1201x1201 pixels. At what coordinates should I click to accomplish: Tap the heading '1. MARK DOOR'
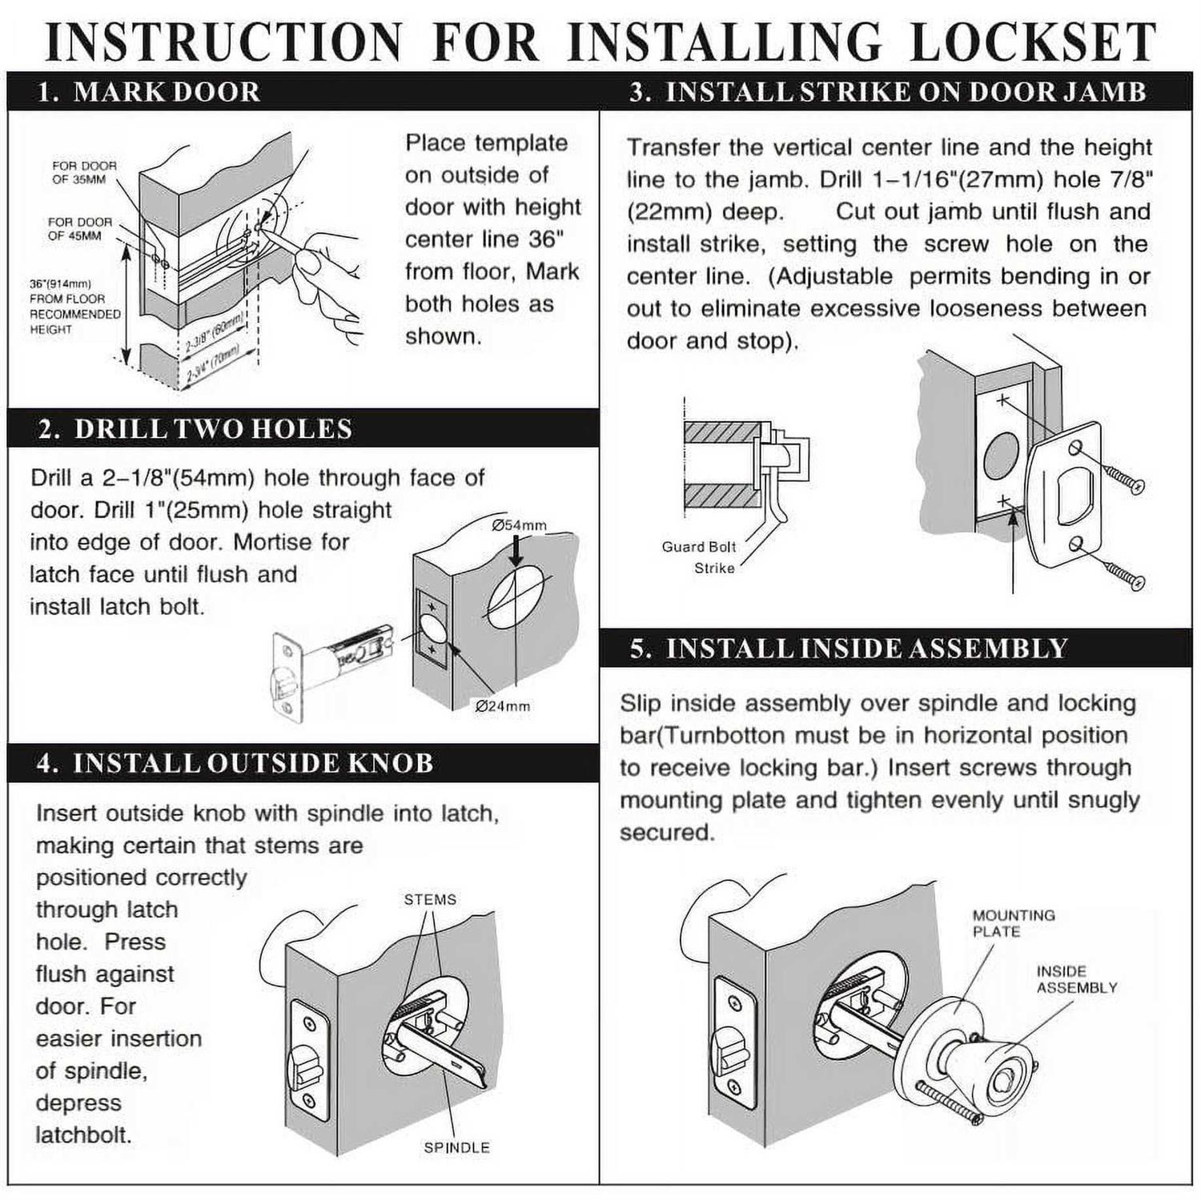click(x=149, y=92)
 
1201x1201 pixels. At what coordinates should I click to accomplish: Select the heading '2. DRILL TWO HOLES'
click(x=195, y=429)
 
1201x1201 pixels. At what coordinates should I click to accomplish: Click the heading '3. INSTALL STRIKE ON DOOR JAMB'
click(x=888, y=92)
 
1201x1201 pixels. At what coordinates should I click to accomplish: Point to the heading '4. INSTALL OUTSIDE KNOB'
click(x=235, y=763)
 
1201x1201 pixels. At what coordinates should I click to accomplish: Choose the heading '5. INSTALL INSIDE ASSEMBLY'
click(x=849, y=648)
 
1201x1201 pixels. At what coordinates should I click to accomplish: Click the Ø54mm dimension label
click(x=520, y=525)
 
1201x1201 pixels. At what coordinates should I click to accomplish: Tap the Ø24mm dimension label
click(x=502, y=706)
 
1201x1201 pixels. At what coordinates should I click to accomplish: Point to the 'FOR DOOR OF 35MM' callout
click(x=84, y=173)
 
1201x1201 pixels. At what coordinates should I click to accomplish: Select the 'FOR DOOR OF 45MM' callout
click(x=79, y=229)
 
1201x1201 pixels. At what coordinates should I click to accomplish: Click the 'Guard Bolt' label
click(x=698, y=547)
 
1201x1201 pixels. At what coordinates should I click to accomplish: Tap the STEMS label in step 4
click(x=430, y=900)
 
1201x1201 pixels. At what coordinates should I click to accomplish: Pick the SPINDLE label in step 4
click(x=456, y=1147)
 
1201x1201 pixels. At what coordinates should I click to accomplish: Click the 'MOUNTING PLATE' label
click(x=1014, y=923)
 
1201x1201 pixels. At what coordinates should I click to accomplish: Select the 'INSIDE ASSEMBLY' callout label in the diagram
click(x=1076, y=979)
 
